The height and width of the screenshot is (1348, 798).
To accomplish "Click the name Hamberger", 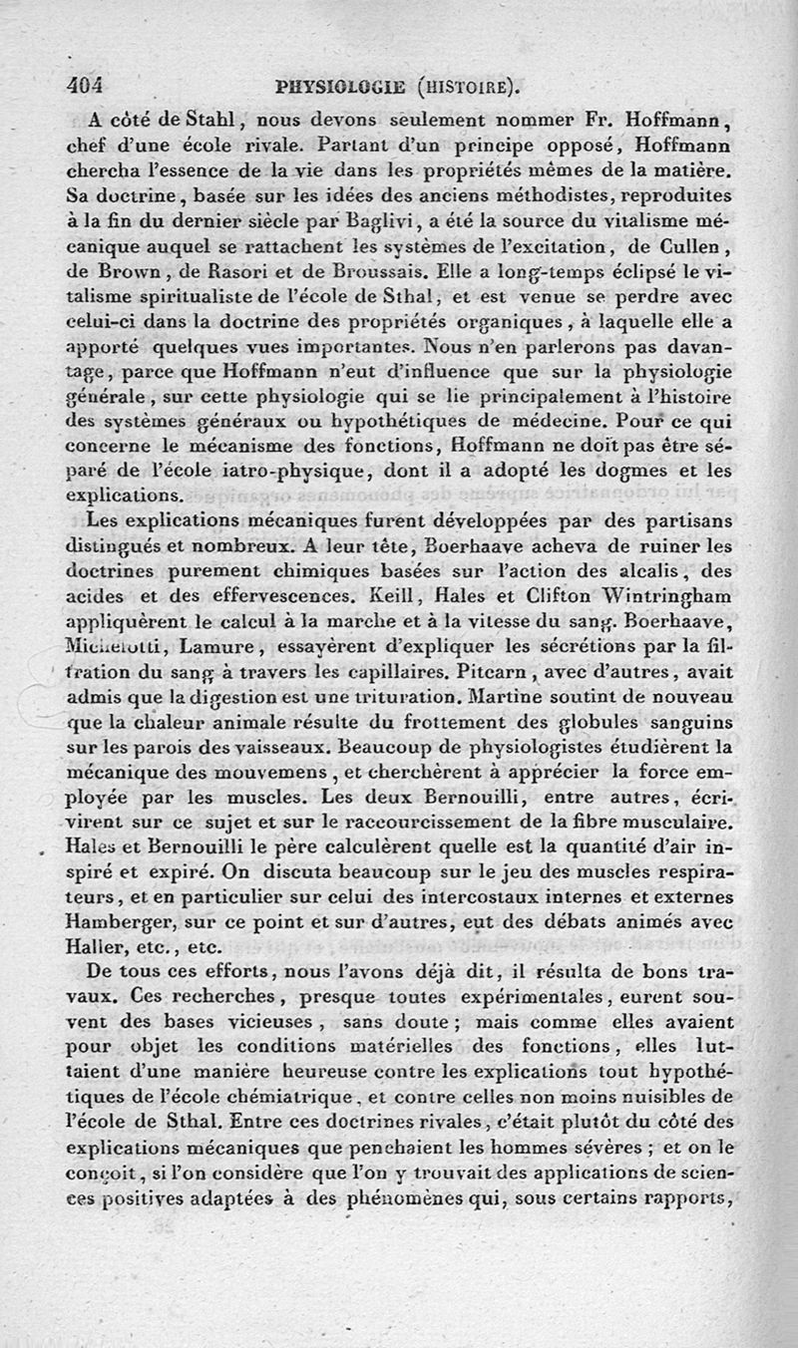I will [144, 922].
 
